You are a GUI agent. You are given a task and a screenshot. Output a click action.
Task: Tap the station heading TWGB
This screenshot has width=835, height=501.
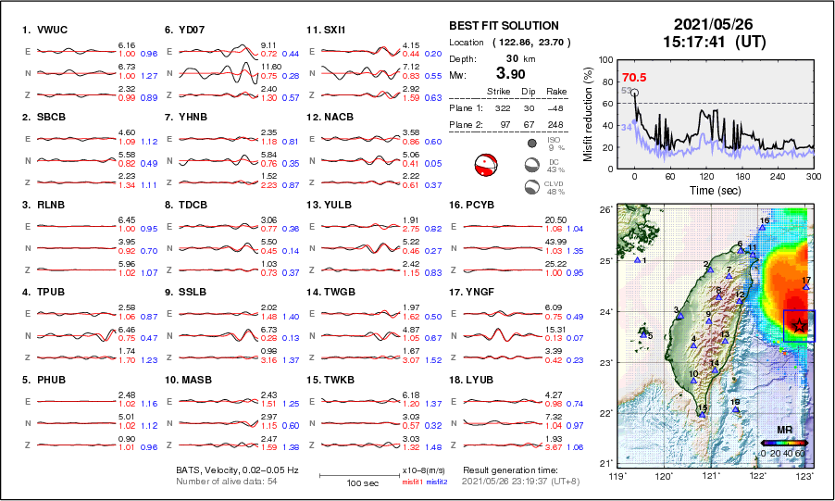[334, 291]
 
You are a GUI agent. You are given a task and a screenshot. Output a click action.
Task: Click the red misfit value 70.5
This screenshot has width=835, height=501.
[634, 77]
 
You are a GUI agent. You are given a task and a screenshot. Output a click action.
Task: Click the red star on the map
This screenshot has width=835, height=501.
[798, 325]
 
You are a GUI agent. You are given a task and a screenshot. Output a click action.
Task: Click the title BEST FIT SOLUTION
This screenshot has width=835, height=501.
[504, 26]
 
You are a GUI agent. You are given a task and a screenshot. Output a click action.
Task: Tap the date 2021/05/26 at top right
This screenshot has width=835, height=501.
[715, 23]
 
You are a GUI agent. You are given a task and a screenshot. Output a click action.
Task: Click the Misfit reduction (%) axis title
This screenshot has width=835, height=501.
[588, 113]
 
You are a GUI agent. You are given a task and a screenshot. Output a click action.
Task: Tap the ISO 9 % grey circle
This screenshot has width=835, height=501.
[533, 144]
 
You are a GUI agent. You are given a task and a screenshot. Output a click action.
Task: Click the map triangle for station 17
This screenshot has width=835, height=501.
[806, 287]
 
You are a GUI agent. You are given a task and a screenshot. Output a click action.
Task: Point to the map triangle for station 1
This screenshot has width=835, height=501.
[638, 260]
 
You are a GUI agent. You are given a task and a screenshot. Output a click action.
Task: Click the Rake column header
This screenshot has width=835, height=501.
[558, 92]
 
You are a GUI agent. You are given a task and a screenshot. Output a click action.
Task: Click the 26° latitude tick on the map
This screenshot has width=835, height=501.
[604, 210]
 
